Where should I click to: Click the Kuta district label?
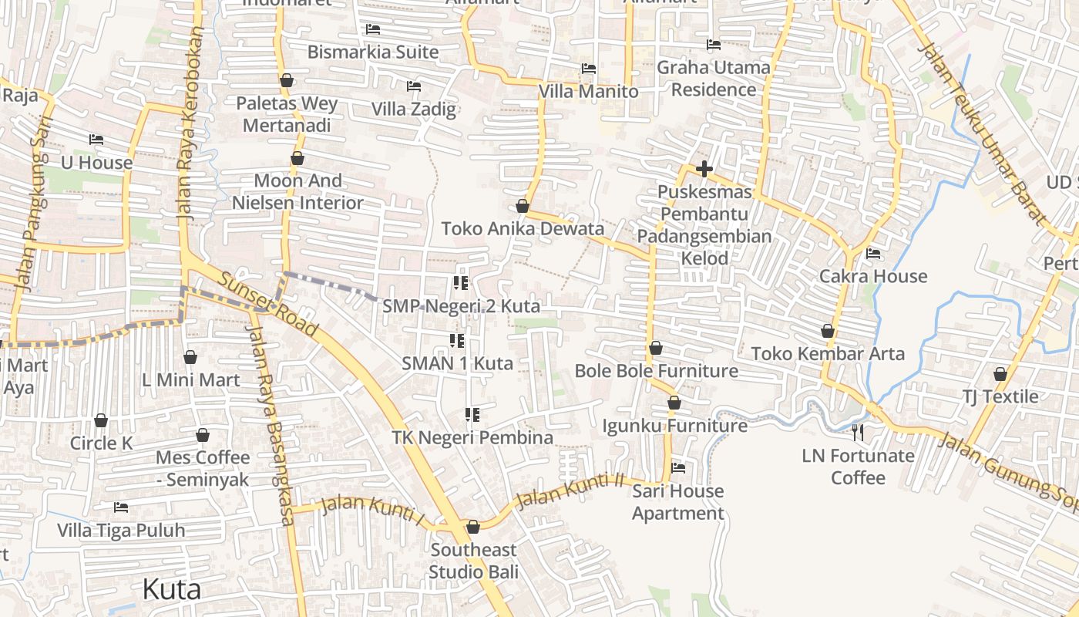pos(172,590)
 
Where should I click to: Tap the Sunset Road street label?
pos(267,305)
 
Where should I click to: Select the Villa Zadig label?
pos(414,109)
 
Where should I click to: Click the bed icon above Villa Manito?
pos(589,69)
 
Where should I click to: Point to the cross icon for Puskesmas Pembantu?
pos(704,169)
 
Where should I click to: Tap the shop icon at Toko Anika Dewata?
pos(523,206)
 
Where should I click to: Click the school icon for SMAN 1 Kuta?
pos(456,340)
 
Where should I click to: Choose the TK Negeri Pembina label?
pos(472,438)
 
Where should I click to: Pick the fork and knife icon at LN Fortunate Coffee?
pos(858,432)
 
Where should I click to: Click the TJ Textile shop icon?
pos(1000,374)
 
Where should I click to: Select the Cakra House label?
pos(873,276)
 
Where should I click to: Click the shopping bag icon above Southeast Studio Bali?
pos(473,527)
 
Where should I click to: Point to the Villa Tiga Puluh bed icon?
pos(121,507)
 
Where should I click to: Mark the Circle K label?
pos(101,443)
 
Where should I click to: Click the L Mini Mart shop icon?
pos(190,357)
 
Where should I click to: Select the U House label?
pos(96,163)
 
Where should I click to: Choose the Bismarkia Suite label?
pos(373,52)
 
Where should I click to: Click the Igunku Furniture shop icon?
pos(674,403)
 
